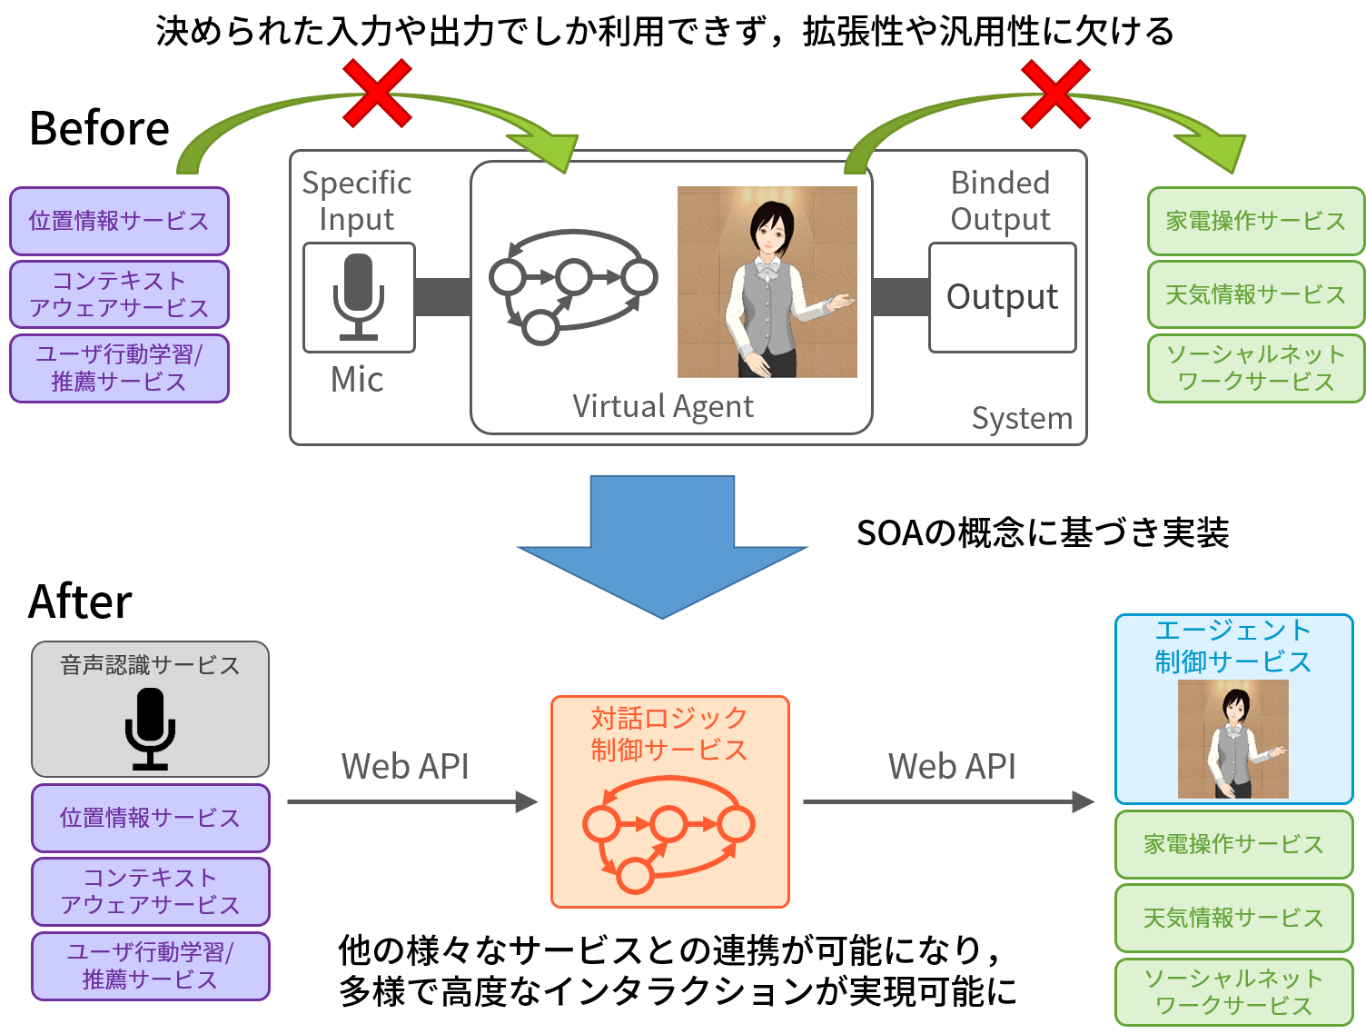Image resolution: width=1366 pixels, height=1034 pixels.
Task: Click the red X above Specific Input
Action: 377,94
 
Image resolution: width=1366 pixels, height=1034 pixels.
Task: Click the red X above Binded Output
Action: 1054,94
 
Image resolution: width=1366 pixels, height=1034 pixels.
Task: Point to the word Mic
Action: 357,380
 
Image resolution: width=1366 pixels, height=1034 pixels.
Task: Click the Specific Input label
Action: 357,201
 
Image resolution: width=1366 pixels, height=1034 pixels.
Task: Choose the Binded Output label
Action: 1000,201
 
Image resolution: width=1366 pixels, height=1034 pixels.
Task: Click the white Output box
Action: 1002,297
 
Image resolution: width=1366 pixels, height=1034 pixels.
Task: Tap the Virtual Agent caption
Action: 663,406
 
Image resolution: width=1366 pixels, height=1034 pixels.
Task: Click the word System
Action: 1022,418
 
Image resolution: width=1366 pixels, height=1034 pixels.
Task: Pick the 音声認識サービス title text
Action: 150,665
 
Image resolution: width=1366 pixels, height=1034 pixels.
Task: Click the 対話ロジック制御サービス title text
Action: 669,734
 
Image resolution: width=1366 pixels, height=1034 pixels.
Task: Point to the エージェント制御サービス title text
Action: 1233,646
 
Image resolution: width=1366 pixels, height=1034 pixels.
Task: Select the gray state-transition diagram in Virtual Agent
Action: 573,285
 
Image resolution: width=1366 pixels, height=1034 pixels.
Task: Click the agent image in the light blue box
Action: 1233,739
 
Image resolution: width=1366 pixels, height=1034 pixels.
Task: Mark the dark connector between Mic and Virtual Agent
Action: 442,297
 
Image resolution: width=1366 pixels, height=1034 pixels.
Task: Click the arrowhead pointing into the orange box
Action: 527,801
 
